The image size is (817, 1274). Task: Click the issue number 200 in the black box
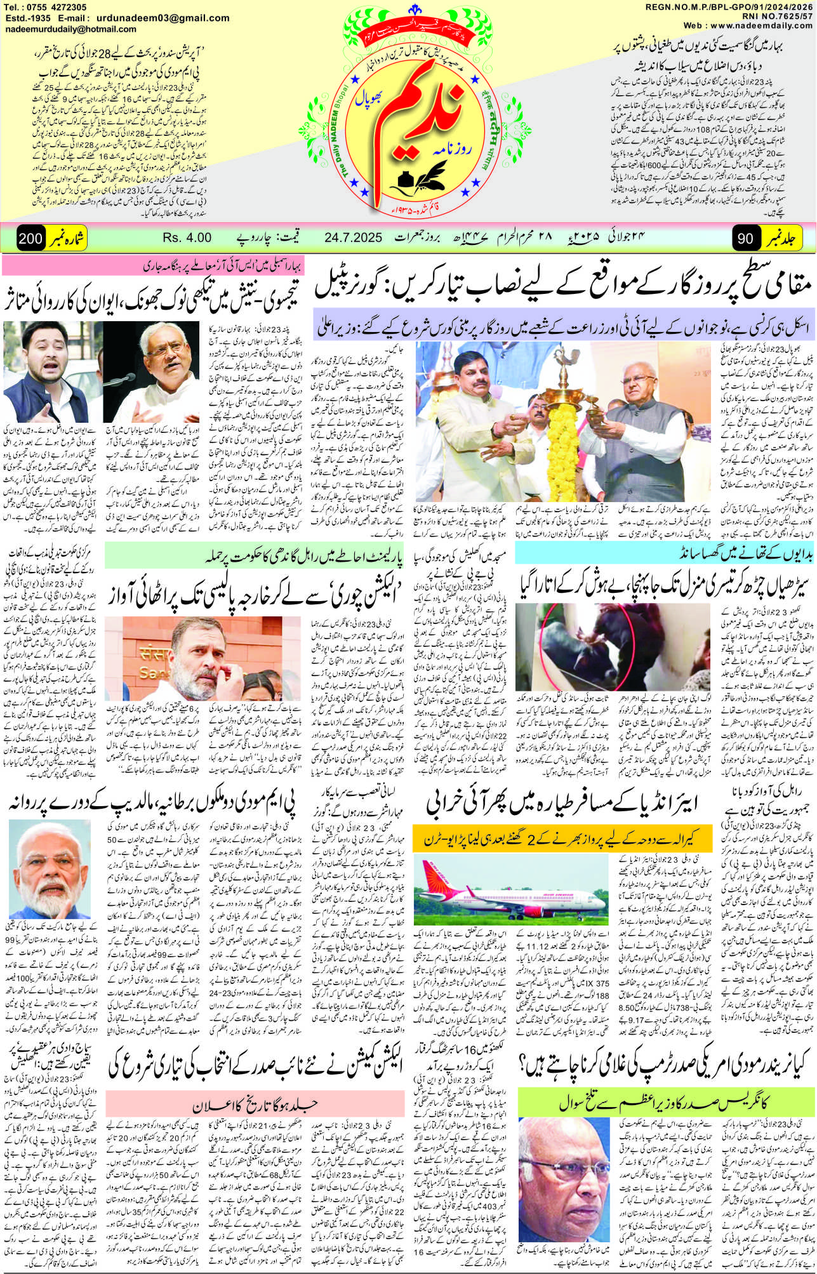[x=30, y=239]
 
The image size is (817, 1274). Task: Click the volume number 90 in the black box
[x=747, y=239]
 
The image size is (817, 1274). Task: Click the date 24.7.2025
[x=354, y=238]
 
